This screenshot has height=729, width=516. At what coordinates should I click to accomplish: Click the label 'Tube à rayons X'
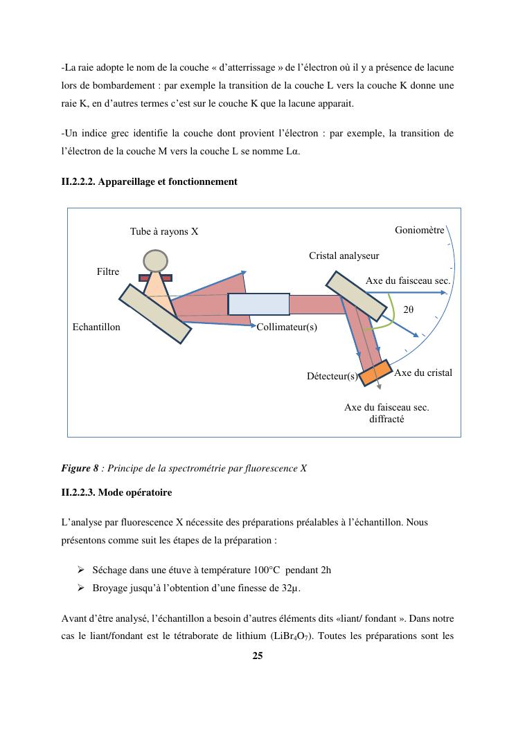tap(164, 231)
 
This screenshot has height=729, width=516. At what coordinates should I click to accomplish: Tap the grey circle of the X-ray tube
tap(154, 260)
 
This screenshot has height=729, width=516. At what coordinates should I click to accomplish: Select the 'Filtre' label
tap(107, 272)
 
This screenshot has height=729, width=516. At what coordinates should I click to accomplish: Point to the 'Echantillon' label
tap(96, 327)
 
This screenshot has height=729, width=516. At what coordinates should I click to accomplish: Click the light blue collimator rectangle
tap(258, 304)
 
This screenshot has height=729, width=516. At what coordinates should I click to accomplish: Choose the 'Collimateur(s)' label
tap(287, 327)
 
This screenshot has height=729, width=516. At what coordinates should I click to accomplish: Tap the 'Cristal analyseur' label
tap(344, 256)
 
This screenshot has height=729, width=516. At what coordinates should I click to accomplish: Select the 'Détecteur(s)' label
tap(332, 377)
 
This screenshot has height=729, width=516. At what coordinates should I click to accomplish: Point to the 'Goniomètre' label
tap(419, 230)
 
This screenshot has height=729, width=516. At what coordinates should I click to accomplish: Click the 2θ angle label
tap(408, 310)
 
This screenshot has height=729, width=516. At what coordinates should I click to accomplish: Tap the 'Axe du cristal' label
tap(423, 373)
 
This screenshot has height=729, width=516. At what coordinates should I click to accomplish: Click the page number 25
tap(258, 656)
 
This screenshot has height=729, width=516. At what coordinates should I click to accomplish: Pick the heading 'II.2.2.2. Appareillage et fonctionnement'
tap(149, 181)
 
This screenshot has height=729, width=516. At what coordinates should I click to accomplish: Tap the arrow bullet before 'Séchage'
tap(80, 570)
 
